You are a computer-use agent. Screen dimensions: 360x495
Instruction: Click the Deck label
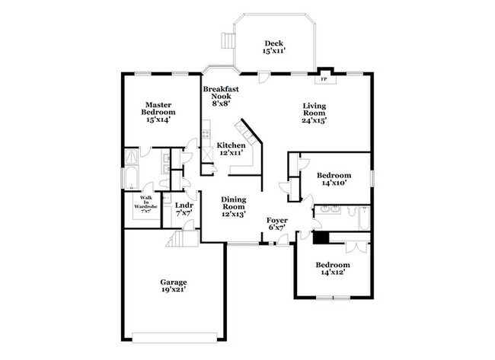(x=273, y=47)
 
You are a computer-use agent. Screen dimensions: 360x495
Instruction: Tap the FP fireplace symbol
(x=323, y=78)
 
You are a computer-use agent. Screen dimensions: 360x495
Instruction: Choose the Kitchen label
(x=231, y=148)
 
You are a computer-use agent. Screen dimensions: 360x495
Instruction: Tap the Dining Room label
(x=233, y=206)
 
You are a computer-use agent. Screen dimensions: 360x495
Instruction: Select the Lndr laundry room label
(x=184, y=209)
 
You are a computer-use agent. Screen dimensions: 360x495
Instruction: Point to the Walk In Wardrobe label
(x=144, y=203)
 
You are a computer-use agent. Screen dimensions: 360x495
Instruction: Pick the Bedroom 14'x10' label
(x=335, y=178)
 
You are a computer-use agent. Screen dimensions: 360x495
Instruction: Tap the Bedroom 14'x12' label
(x=335, y=269)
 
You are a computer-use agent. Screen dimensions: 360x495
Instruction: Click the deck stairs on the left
(x=225, y=40)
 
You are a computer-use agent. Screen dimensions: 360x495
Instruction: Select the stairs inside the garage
(x=177, y=241)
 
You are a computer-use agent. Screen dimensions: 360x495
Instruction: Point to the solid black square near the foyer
(x=321, y=237)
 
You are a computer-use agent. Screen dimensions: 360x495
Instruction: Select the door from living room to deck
(x=263, y=76)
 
